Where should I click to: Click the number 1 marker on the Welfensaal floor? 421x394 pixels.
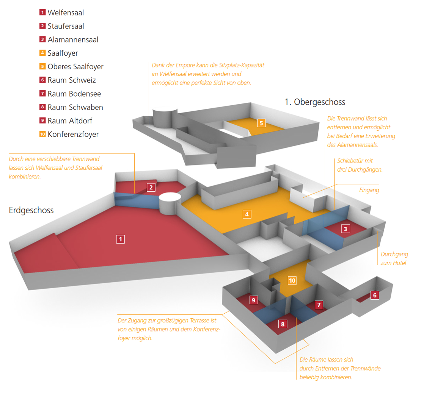tap(120, 239)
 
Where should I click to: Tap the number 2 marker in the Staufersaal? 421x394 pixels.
tap(151, 187)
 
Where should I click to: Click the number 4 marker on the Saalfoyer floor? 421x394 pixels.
tap(247, 214)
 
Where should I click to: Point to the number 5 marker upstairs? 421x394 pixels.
tap(261, 123)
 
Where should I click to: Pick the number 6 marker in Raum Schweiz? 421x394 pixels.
tap(375, 295)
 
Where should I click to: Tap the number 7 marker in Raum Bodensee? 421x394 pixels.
tap(319, 305)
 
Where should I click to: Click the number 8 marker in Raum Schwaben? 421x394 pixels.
tap(283, 324)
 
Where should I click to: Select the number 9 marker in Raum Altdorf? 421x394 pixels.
tap(254, 300)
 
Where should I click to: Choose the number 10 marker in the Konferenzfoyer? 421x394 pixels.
tap(292, 281)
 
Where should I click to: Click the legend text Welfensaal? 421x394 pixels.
tap(66, 13)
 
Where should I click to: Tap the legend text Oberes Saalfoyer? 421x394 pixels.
tap(75, 67)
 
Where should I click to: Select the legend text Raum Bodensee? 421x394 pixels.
tap(74, 94)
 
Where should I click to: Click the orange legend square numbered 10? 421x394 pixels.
tap(42, 134)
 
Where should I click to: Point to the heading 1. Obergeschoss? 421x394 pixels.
tap(315, 102)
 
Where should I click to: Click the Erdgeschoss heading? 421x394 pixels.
tap(31, 210)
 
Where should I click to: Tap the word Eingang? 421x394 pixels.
tap(369, 190)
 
